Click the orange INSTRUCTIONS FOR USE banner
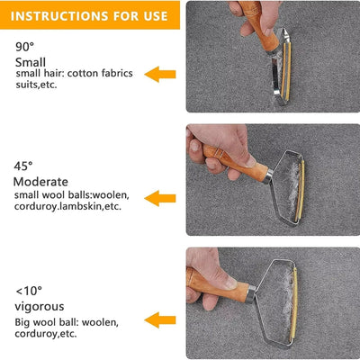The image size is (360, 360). coord(90,15)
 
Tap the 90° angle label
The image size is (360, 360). coord(25,46)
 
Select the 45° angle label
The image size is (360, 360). coord(24,166)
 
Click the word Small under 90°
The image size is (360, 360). coord(30,60)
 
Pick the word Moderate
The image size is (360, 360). coord(40,182)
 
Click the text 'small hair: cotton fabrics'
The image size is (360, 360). coord(70,73)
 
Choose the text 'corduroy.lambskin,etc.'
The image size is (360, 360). coord(68,206)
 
